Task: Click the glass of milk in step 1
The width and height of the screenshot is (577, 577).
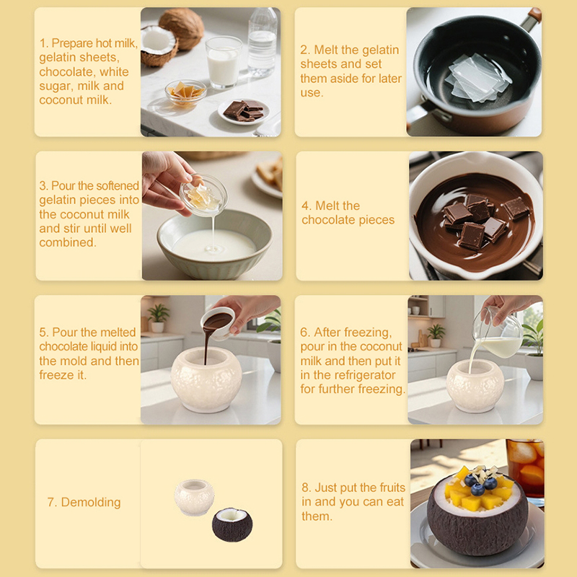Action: tap(223, 62)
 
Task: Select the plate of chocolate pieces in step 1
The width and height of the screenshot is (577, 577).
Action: tap(244, 111)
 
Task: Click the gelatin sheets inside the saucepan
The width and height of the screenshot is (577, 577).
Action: tap(477, 78)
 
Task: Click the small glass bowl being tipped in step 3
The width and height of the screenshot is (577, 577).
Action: tap(203, 195)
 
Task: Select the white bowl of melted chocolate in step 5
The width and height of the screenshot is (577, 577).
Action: tap(219, 322)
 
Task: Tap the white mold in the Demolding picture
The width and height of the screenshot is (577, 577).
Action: tap(194, 497)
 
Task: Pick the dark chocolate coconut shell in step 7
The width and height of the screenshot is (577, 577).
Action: tap(232, 524)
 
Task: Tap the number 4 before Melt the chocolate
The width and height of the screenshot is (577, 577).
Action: tap(305, 206)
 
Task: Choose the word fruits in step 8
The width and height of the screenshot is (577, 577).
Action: tap(392, 488)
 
